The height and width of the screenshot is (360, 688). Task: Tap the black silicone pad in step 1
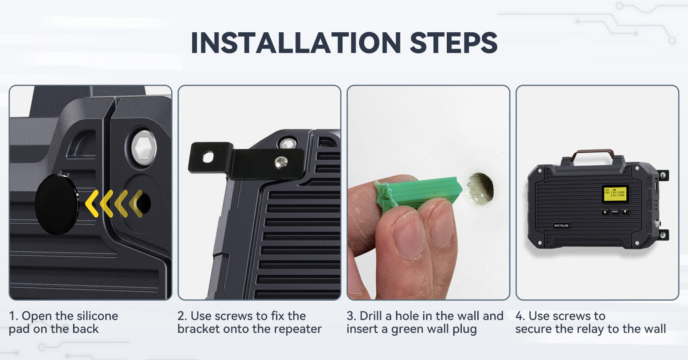click(x=56, y=204)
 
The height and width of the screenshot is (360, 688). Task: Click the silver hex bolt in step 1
click(x=144, y=148)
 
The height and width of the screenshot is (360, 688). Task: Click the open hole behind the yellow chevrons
click(x=144, y=203)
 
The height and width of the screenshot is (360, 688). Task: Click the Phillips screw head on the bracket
click(x=281, y=162)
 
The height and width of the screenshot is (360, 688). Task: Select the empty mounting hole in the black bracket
click(x=208, y=157)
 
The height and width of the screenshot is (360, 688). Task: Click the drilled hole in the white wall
click(x=480, y=188)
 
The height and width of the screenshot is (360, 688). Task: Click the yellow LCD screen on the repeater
click(x=615, y=194)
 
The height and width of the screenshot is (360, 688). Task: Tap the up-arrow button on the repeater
click(x=605, y=212)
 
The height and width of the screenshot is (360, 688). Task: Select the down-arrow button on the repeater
click(x=625, y=212)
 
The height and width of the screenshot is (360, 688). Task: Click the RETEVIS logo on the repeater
click(x=561, y=225)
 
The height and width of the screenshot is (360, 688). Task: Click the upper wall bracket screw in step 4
click(x=663, y=175)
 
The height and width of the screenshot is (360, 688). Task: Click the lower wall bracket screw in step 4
click(x=663, y=235)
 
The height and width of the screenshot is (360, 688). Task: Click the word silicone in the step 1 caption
click(x=97, y=316)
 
